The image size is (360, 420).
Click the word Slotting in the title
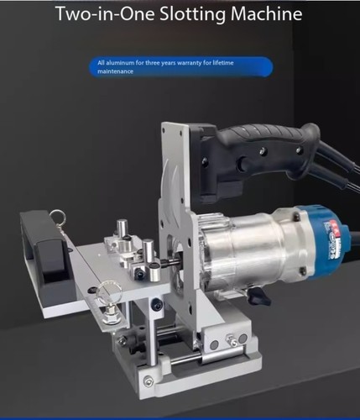click(x=193, y=14)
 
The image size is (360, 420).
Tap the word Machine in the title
click(x=267, y=13)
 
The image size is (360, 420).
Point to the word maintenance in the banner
click(x=115, y=71)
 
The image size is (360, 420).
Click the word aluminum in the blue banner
click(x=120, y=63)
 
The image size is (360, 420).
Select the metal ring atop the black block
click(x=57, y=215)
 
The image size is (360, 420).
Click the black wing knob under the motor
click(x=258, y=297)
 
